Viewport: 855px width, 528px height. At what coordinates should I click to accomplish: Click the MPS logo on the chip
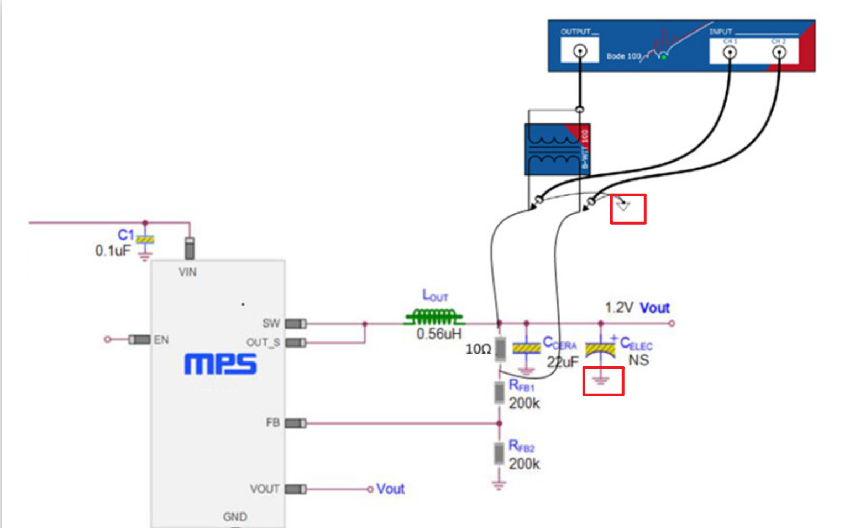220,364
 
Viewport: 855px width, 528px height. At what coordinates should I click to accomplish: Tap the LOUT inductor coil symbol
434,318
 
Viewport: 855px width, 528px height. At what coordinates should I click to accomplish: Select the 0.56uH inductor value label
438,334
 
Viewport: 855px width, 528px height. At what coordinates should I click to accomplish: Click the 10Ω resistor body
500,349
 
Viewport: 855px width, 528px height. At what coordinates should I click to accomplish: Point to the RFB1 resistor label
521,385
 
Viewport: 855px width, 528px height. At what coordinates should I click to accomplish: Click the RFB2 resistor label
521,446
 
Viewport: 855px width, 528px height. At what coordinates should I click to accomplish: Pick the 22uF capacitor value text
562,362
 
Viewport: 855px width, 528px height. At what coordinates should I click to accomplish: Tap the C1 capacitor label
125,235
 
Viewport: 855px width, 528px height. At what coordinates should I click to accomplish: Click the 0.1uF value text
113,251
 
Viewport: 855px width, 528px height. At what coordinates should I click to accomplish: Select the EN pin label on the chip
161,340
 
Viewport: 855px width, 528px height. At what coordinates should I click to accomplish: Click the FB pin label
272,423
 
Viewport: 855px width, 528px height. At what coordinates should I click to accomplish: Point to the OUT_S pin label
263,343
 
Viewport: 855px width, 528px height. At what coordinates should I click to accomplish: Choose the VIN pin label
187,272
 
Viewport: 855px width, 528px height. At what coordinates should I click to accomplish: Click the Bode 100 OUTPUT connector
580,51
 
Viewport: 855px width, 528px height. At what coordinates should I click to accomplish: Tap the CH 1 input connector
730,53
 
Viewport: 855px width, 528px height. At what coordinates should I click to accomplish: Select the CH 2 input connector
779,53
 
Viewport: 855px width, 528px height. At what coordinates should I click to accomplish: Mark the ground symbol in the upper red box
623,206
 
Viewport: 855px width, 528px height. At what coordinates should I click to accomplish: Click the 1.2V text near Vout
619,308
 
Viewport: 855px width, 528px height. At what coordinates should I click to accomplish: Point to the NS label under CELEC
638,360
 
